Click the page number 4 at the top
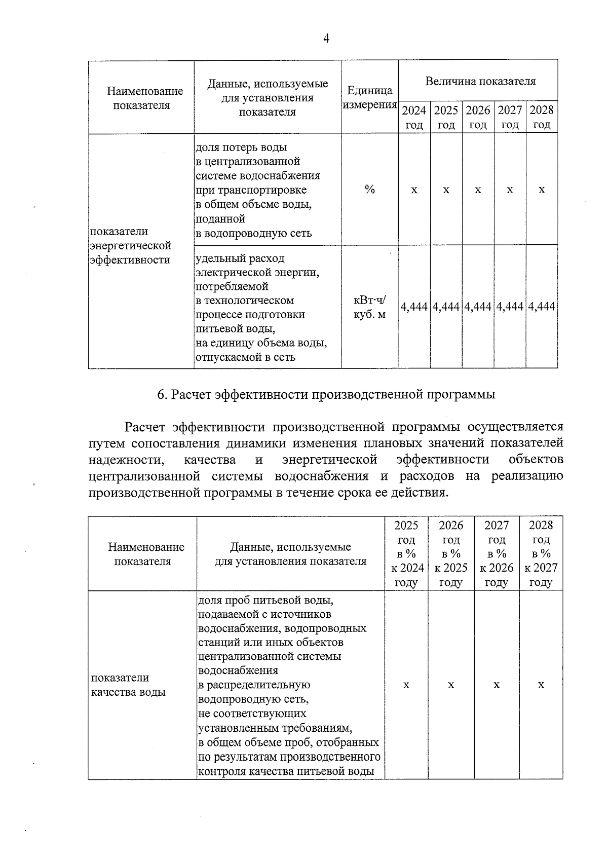(326, 39)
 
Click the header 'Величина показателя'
(480, 81)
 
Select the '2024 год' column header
(414, 117)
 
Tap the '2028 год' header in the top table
(542, 117)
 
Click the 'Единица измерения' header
(370, 98)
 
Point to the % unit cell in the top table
(370, 190)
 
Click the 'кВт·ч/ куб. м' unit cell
(370, 307)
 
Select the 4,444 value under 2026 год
(478, 307)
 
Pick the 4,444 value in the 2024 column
(414, 307)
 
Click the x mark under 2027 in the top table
(510, 190)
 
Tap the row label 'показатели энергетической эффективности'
(130, 246)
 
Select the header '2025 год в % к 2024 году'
(406, 553)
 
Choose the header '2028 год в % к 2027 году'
(541, 553)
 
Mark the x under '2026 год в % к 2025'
(451, 685)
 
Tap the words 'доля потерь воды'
(241, 147)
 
